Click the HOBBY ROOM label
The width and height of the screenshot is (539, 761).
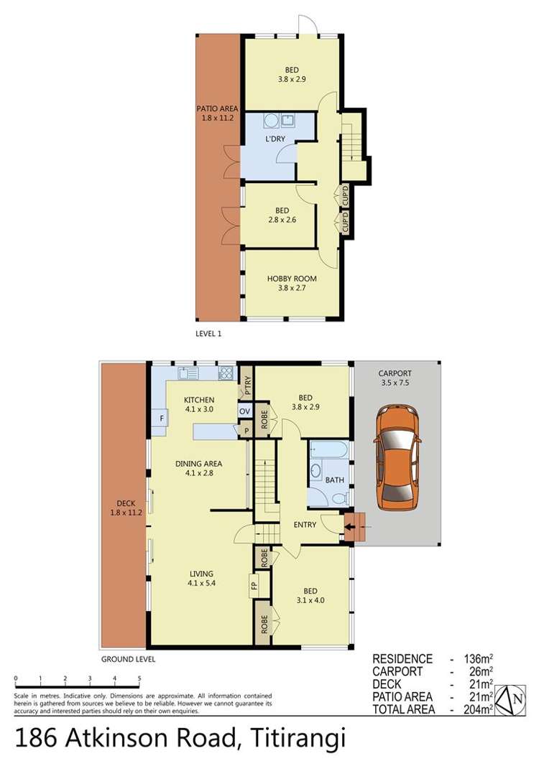coord(292,279)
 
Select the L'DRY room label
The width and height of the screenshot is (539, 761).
coord(276,139)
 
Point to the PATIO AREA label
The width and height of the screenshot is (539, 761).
coord(217,109)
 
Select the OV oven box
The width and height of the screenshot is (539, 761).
coord(244,411)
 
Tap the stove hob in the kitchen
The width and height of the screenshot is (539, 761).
coord(226,373)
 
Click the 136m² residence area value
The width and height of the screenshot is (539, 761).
coord(476,658)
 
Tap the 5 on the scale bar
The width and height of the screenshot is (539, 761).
coord(139,678)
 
